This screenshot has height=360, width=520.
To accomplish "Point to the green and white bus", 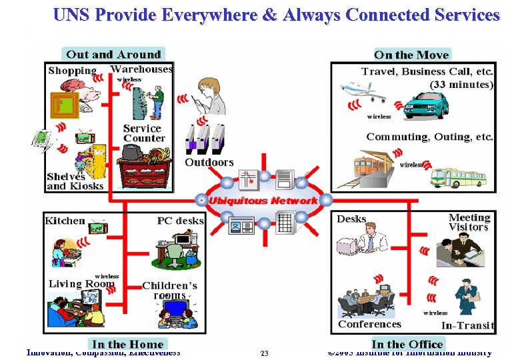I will point(458,176).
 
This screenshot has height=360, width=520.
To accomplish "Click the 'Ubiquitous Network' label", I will point(263,201).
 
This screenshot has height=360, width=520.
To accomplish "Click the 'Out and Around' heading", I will point(113,55).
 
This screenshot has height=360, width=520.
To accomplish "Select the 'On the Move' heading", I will point(411,55).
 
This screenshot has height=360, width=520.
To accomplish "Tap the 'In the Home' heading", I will point(127,344).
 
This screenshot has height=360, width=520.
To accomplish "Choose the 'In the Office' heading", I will point(407,344).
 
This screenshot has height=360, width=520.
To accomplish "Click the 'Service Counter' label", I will point(143,133).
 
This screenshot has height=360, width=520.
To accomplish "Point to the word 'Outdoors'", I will point(209,162).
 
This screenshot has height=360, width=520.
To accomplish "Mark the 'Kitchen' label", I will point(65,221).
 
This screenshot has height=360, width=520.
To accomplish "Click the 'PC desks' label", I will point(180,221).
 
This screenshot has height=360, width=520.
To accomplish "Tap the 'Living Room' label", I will point(81,284).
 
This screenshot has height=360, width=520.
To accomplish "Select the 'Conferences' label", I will point(369,324).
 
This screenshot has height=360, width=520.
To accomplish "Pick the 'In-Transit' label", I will point(468,325).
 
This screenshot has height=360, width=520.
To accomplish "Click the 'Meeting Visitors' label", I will point(469,222).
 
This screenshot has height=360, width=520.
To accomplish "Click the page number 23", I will point(264,353).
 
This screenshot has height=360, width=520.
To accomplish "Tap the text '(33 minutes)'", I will point(461,84).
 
